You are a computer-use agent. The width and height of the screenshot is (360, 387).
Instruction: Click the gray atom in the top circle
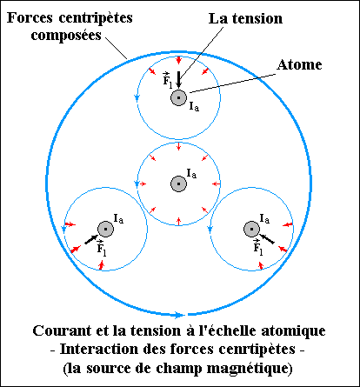point(178,97)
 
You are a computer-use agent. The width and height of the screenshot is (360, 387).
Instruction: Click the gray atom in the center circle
point(178,183)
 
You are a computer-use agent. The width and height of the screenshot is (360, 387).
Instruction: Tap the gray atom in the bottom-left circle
point(105,229)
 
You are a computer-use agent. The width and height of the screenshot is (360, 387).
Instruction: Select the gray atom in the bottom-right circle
point(251,229)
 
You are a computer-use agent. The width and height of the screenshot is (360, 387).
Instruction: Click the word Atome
point(299,64)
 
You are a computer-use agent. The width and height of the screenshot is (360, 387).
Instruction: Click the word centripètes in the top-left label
point(96,18)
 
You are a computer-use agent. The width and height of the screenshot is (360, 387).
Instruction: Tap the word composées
point(66,36)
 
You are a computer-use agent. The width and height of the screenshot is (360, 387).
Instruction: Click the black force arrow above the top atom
point(178,79)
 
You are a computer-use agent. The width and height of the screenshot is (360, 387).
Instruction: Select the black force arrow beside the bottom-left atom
point(91,239)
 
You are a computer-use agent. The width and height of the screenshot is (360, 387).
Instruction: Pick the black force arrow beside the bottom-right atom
point(266,238)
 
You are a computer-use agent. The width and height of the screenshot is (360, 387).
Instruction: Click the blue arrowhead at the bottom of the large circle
point(179,315)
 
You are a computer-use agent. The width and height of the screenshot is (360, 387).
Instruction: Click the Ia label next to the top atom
point(194,107)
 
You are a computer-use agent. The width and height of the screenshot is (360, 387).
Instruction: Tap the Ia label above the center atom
point(191,174)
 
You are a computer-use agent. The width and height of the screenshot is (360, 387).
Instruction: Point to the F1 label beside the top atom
point(167,80)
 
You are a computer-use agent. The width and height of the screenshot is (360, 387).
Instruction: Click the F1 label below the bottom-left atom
point(101,248)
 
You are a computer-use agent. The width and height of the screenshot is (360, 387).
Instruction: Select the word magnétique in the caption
point(250,369)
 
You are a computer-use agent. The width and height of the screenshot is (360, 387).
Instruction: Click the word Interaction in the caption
point(99,350)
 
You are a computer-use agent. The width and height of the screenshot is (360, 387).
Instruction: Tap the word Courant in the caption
point(62,330)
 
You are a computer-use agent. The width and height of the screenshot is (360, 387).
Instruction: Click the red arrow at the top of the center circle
point(178,147)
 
